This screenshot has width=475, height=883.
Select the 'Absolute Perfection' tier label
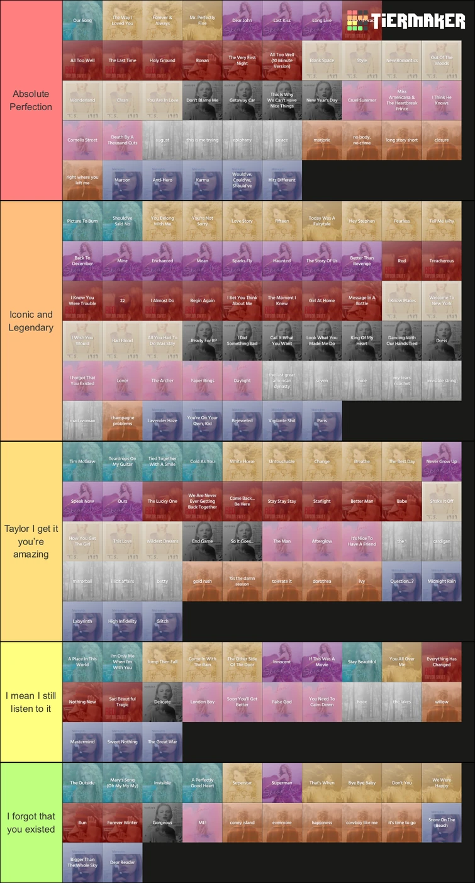click(x=31, y=100)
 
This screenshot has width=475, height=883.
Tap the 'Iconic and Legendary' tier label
click(x=31, y=321)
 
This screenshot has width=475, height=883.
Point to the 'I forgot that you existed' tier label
click(x=31, y=823)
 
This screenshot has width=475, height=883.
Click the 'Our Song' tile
click(x=82, y=20)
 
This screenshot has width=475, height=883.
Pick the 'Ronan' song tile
click(x=202, y=60)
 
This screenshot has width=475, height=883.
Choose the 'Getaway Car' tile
click(x=242, y=100)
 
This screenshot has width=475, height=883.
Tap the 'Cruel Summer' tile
click(x=362, y=100)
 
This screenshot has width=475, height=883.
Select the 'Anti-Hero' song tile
click(x=162, y=180)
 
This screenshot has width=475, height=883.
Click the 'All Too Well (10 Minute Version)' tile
click(x=282, y=60)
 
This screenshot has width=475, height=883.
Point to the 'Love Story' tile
click(x=242, y=221)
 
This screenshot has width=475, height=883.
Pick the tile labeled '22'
click(x=123, y=301)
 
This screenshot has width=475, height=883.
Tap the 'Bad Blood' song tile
click(x=123, y=340)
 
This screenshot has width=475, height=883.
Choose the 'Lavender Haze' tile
click(x=162, y=420)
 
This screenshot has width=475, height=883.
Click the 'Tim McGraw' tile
click(x=82, y=461)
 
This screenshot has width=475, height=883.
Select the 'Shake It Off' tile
click(x=442, y=501)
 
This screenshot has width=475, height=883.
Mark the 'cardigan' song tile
click(x=442, y=541)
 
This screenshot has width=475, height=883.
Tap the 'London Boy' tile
click(x=202, y=702)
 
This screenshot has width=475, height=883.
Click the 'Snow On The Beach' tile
click(x=442, y=822)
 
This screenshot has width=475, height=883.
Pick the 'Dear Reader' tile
click(x=123, y=862)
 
